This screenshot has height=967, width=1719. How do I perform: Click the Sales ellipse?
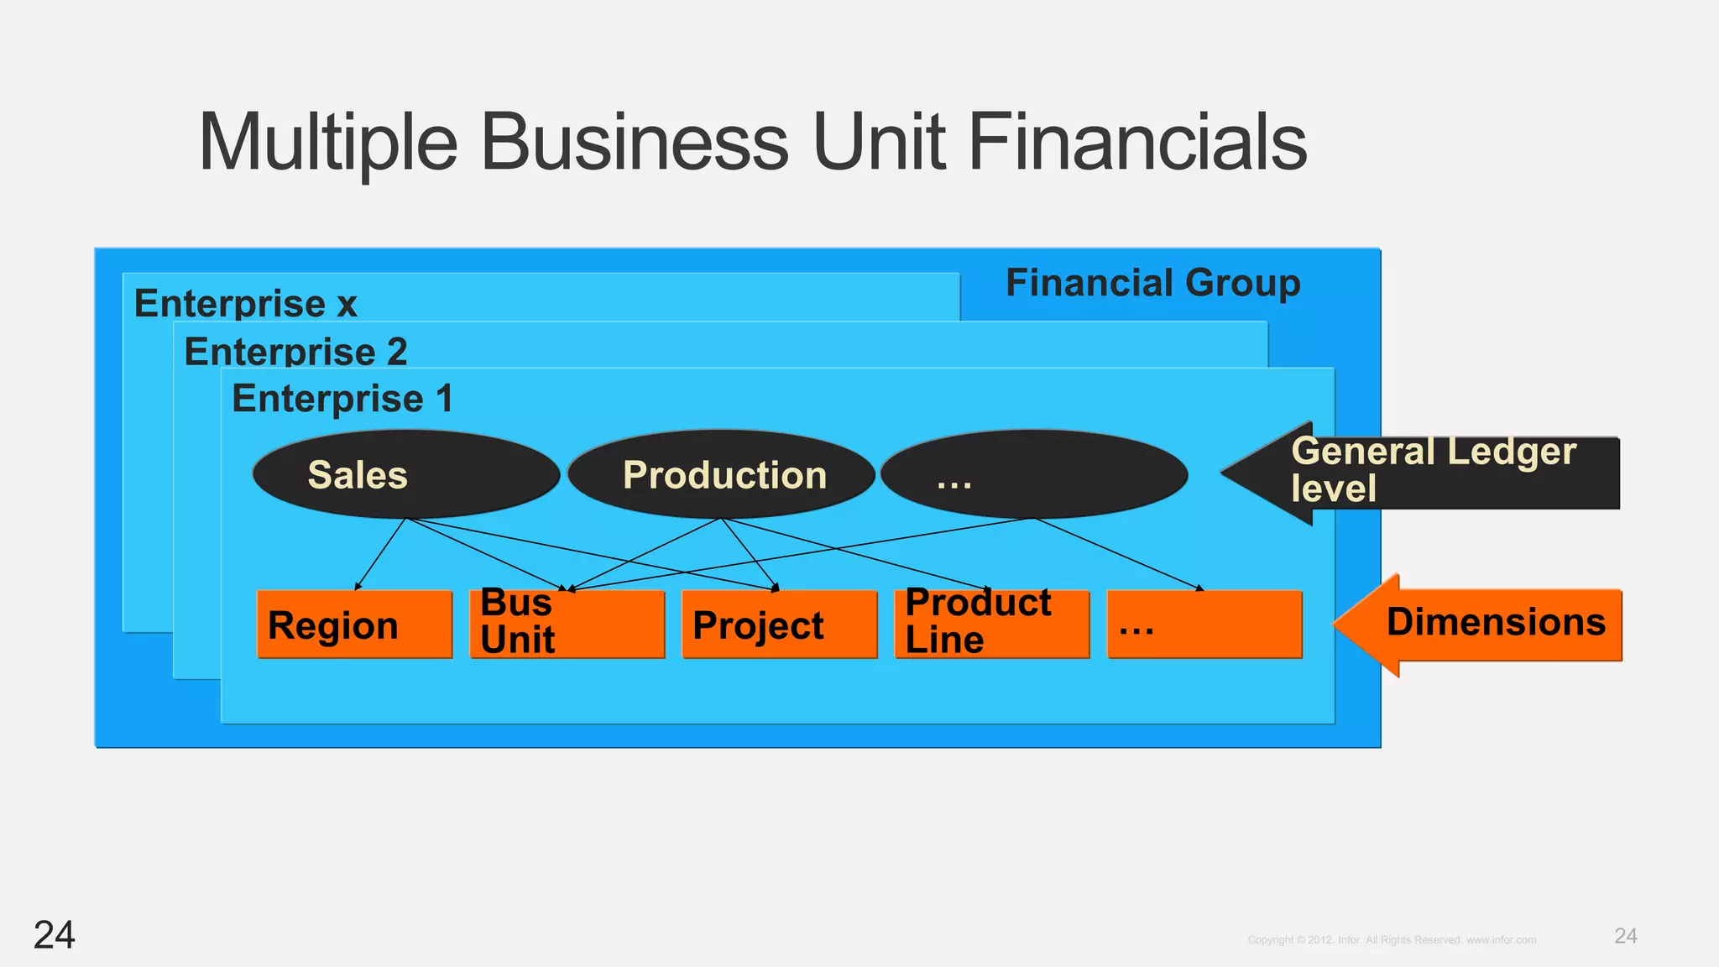pos(405,474)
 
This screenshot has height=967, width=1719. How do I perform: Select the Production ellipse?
pos(721,474)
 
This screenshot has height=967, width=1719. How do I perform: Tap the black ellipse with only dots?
pos(1034,474)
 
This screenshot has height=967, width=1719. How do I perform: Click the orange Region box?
pos(354,625)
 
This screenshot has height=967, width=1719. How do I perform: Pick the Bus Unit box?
pos(567,625)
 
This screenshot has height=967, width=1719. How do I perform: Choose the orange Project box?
pos(779,625)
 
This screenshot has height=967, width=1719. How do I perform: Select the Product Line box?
pos(991,625)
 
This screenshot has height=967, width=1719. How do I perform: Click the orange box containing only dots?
pos(1204,625)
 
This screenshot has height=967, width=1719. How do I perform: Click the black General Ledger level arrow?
pos(1427,472)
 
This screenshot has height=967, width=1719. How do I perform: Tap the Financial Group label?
pos(1152,283)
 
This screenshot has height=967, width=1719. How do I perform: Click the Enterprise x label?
pos(245,303)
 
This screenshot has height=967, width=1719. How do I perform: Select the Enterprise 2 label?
pos(295,351)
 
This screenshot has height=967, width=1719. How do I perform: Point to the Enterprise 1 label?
pos(342,398)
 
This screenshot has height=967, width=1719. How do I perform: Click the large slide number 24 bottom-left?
pos(54,934)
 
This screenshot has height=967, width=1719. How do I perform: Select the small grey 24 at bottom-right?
pos(1625,936)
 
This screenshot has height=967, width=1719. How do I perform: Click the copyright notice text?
pos(1392,940)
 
